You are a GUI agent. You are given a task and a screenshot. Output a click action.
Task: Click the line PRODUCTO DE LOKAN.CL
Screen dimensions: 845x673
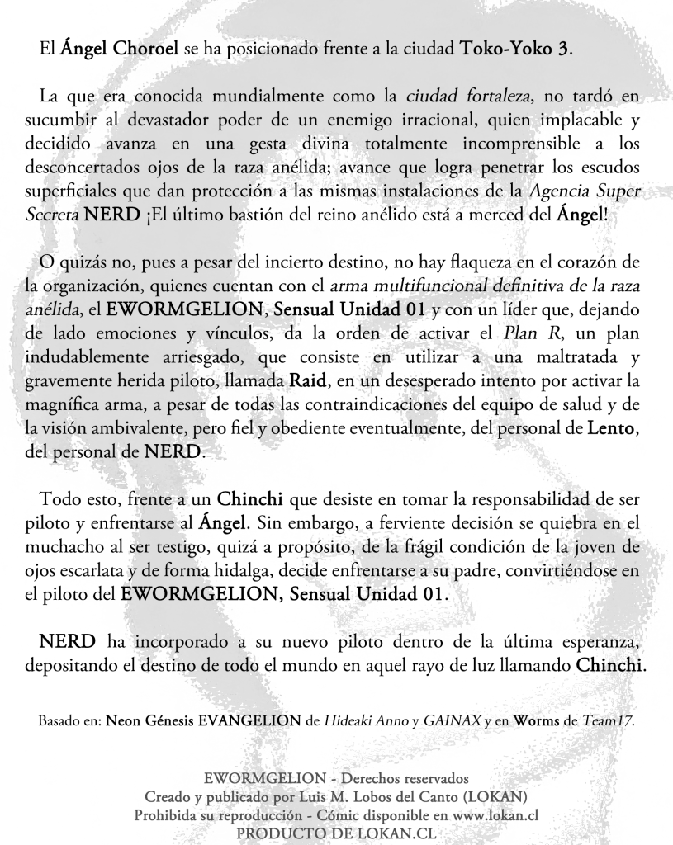tap(336, 833)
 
